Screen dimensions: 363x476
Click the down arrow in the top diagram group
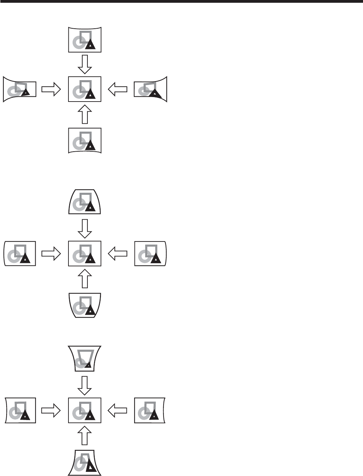click(85, 64)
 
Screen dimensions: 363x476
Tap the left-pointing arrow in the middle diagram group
click(118, 254)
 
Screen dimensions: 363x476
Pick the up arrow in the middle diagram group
click(85, 279)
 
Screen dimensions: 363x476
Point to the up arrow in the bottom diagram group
click(85, 435)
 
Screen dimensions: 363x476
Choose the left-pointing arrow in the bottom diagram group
click(118, 411)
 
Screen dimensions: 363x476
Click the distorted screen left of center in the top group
click(20, 89)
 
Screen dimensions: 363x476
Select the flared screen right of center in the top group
click(150, 89)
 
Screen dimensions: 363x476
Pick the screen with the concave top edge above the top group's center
click(85, 39)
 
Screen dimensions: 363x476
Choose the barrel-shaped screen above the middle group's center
click(85, 201)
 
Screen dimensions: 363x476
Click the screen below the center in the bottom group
click(85, 463)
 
